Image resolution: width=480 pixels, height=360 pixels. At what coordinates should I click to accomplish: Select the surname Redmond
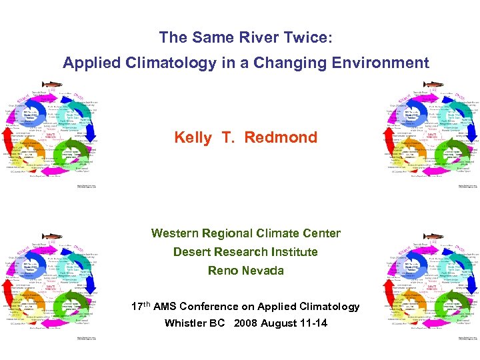(x=280, y=138)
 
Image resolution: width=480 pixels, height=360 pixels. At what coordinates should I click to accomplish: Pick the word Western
(x=177, y=233)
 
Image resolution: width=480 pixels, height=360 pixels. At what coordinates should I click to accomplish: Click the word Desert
(x=193, y=252)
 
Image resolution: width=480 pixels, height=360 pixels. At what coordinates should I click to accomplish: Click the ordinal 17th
(x=141, y=306)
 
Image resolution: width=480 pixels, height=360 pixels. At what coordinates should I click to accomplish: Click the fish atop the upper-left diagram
(x=53, y=85)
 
